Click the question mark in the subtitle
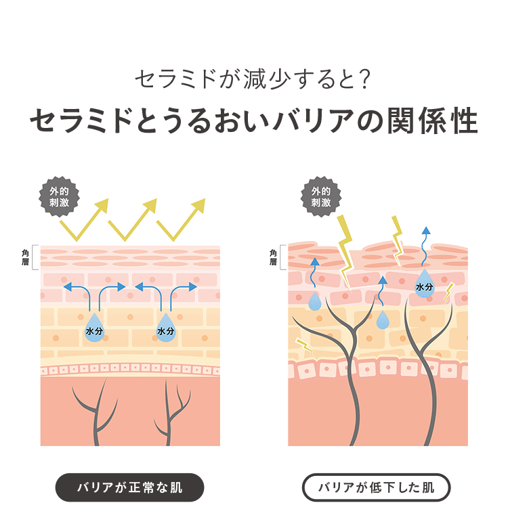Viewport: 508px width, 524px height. (x=364, y=79)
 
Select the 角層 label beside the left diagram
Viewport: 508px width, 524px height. (x=26, y=257)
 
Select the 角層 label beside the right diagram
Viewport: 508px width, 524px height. (x=274, y=257)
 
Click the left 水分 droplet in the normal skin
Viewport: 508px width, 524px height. (x=94, y=328)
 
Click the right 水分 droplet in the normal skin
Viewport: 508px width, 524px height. (x=165, y=328)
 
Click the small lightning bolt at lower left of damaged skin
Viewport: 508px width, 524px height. (x=304, y=345)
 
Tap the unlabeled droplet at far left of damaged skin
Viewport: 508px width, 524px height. (x=315, y=301)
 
